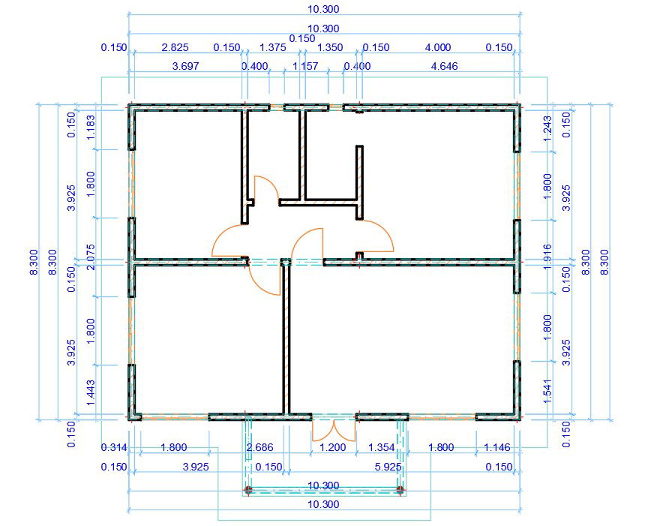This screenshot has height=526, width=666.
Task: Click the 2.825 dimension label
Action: click(x=175, y=47)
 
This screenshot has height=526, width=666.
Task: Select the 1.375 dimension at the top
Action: click(x=273, y=47)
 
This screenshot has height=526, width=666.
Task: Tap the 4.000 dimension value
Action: click(x=438, y=47)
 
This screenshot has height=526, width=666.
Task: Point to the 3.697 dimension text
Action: click(x=185, y=66)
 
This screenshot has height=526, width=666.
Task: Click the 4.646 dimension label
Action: click(x=444, y=66)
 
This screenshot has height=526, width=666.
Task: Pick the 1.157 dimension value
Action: click(x=305, y=66)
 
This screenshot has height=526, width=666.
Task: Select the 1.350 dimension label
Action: click(x=330, y=47)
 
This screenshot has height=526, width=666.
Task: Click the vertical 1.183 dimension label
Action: click(x=91, y=128)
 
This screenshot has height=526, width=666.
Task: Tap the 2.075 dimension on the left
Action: click(x=91, y=257)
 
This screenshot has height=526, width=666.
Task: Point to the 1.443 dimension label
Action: click(x=91, y=392)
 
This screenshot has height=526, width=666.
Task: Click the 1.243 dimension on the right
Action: click(x=547, y=129)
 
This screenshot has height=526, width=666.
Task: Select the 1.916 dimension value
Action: click(x=547, y=257)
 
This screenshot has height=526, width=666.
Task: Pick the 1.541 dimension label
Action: click(x=547, y=392)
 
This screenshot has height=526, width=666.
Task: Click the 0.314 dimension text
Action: click(x=114, y=447)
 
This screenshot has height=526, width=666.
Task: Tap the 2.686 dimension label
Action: click(x=260, y=447)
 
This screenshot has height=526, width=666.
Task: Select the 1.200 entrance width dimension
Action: click(x=332, y=447)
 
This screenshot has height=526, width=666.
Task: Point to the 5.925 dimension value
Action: click(x=388, y=467)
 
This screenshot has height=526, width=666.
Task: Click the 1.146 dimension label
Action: click(x=497, y=447)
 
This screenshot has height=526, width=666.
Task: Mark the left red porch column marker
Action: click(x=248, y=490)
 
